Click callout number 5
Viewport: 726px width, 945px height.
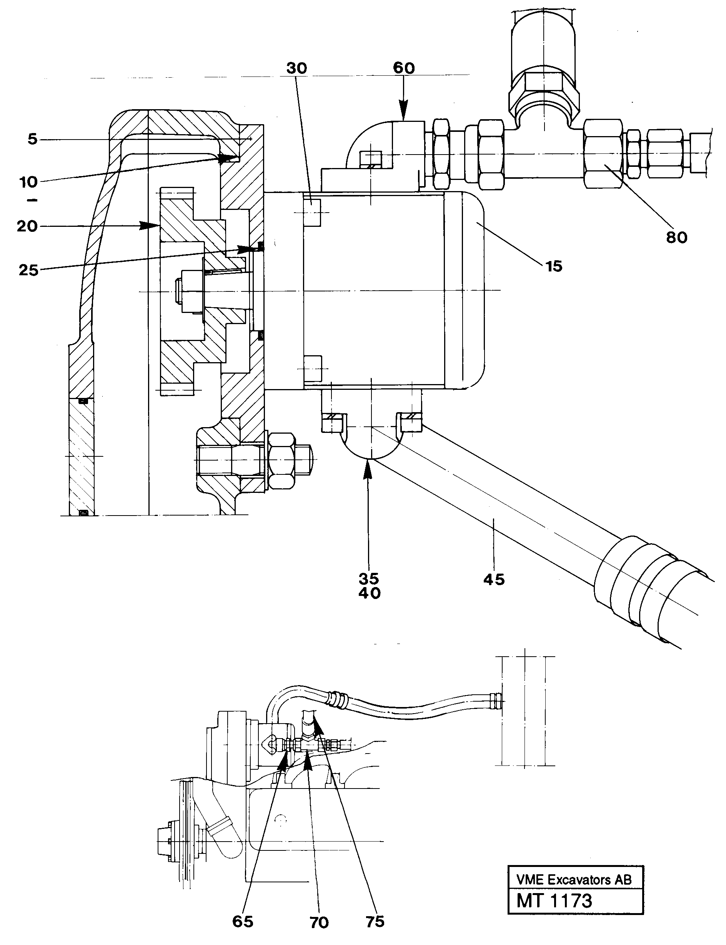(x=32, y=140)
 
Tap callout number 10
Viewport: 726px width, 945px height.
(x=28, y=182)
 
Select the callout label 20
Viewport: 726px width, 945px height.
(x=27, y=226)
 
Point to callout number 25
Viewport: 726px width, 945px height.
(x=28, y=271)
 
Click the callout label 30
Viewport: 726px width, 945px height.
(x=296, y=68)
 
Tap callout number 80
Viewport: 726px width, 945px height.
(x=676, y=237)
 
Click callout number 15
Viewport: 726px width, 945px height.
(x=554, y=266)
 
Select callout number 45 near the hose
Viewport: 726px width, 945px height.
(x=494, y=579)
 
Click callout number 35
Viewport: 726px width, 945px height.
(x=369, y=578)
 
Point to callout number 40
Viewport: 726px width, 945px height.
(x=370, y=593)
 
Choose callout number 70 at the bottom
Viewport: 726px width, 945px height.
(x=319, y=923)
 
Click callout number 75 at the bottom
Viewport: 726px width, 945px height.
(x=375, y=921)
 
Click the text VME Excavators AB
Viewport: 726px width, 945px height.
(x=574, y=879)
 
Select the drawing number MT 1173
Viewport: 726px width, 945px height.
(x=554, y=901)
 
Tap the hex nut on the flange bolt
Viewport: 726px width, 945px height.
(x=282, y=460)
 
